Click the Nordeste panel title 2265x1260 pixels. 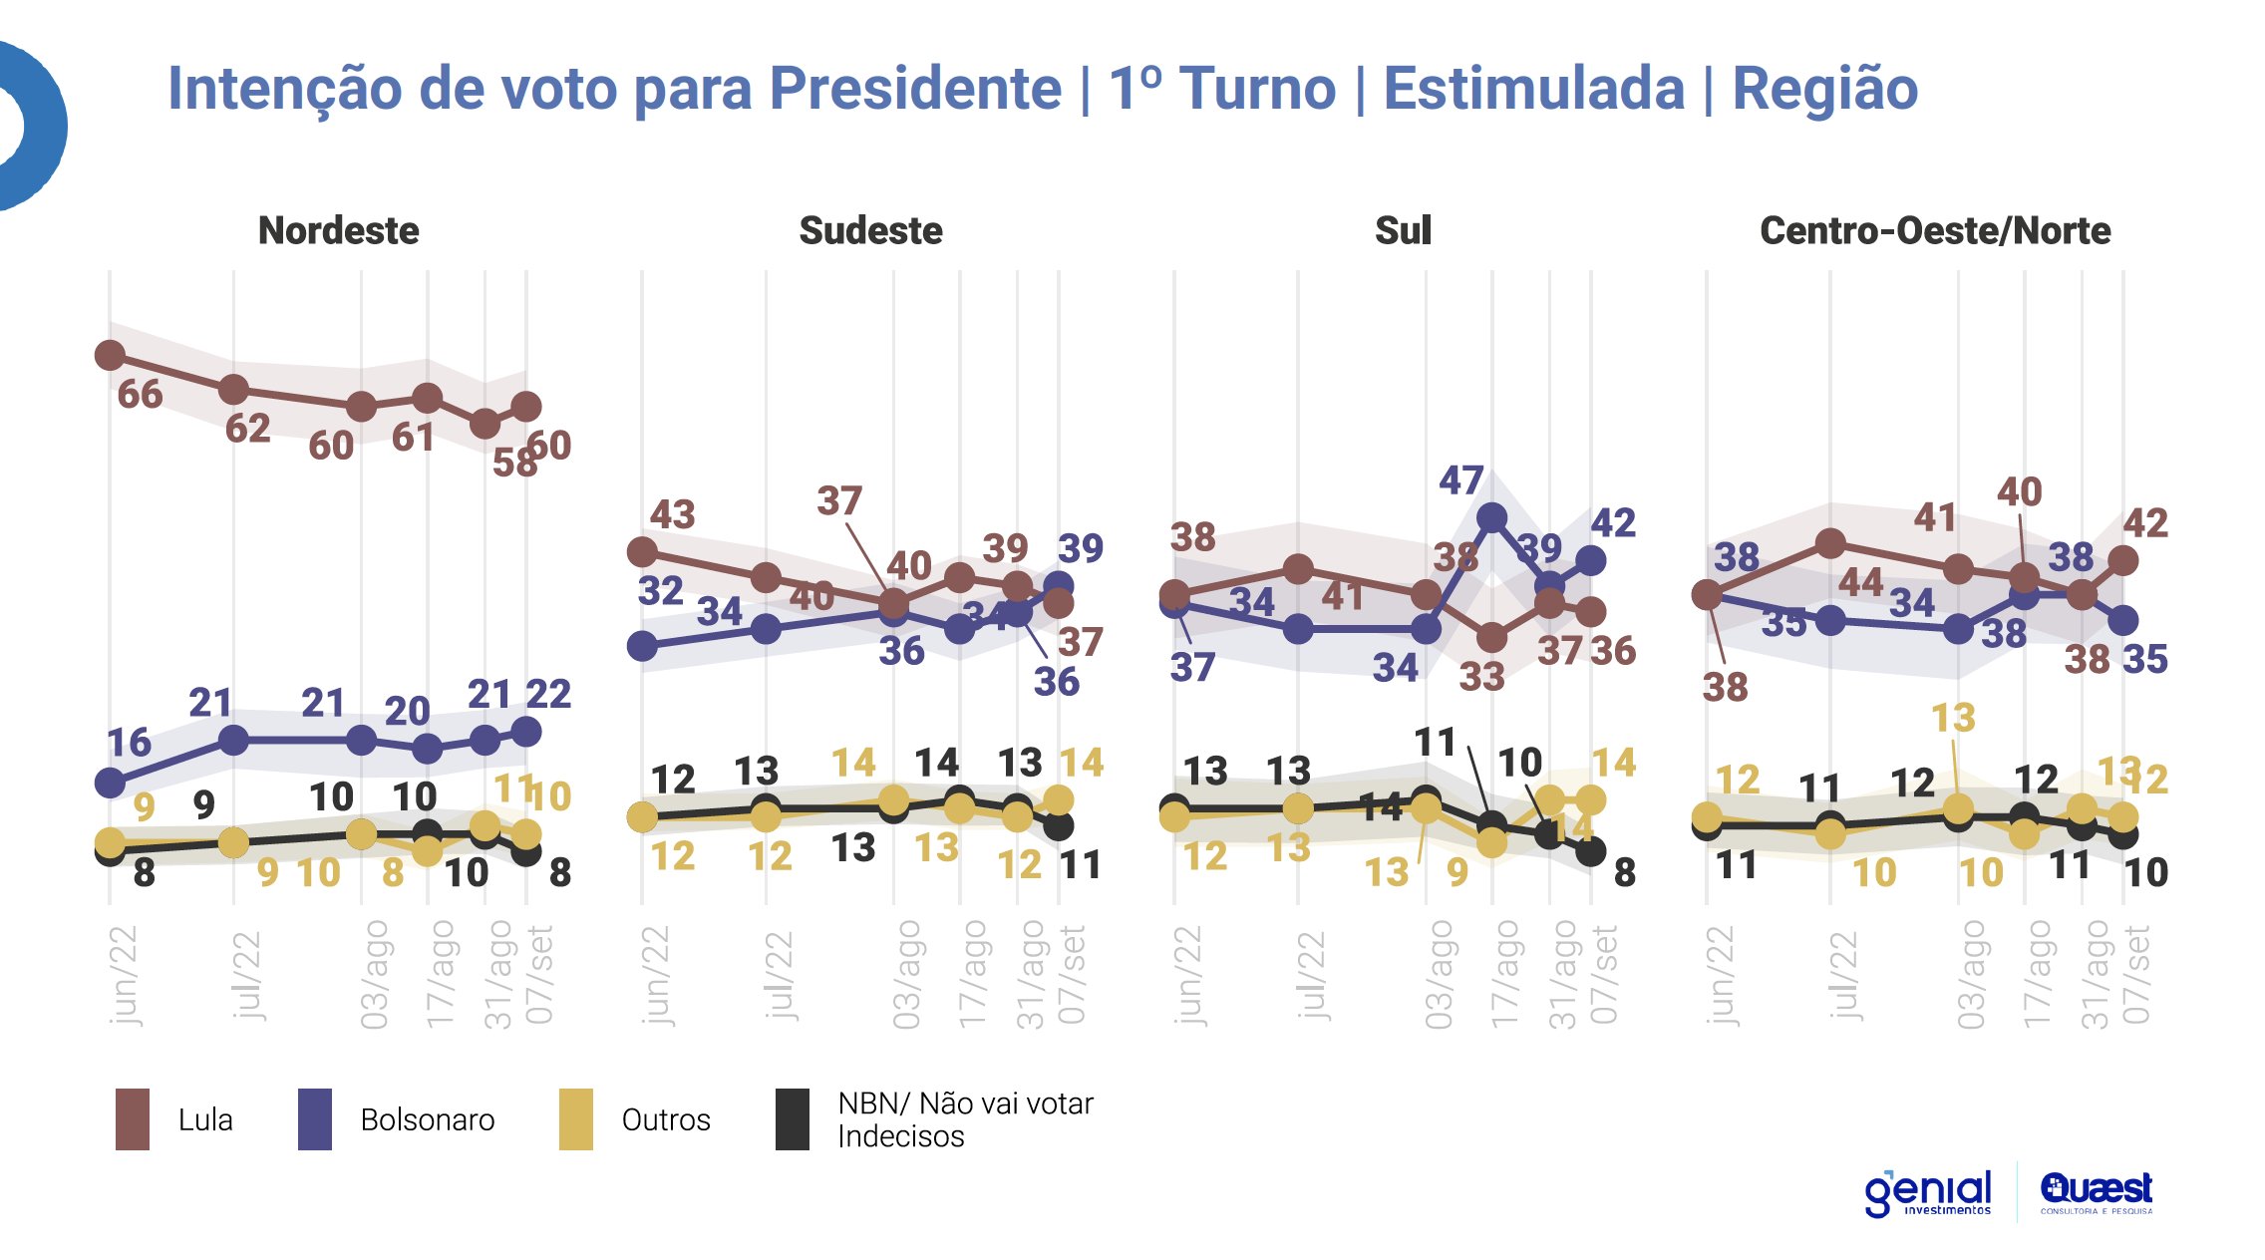coord(338,231)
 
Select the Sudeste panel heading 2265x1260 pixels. coord(870,231)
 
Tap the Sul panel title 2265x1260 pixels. coord(1403,231)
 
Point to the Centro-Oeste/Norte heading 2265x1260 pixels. coord(1935,231)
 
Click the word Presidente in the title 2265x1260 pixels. coord(915,89)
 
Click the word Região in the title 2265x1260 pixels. coord(1824,89)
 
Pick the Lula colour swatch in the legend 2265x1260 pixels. coord(133,1119)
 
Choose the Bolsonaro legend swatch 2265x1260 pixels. coord(315,1119)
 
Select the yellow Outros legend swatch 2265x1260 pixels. coord(576,1119)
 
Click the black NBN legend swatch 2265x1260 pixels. coord(793,1119)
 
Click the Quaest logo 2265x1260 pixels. coord(2096,1191)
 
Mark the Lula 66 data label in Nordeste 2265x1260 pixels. coord(140,395)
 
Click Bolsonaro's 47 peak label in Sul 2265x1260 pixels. coord(1460,480)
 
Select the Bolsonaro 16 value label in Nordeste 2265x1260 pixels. coord(129,743)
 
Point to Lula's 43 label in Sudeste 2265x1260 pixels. coord(672,515)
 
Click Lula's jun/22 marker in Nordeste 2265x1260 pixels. coord(110,355)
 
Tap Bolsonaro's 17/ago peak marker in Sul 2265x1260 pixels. coord(1491,517)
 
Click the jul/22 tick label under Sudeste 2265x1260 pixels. coord(779,975)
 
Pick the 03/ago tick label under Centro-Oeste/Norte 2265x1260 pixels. coord(1971,975)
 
